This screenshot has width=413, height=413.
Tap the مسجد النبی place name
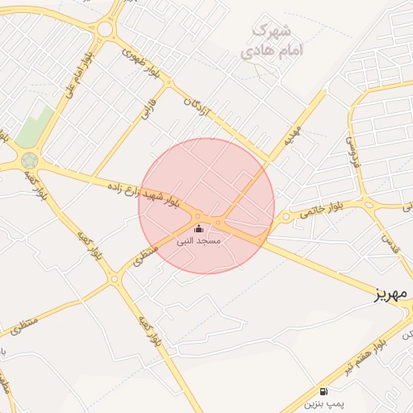click(x=199, y=240)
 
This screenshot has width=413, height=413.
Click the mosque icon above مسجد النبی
click(x=199, y=229)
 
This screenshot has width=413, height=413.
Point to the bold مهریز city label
click(x=393, y=294)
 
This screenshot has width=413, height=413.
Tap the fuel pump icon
click(x=324, y=389)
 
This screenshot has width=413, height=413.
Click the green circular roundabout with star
click(x=30, y=160)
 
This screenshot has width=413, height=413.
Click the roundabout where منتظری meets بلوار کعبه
click(x=114, y=280)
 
